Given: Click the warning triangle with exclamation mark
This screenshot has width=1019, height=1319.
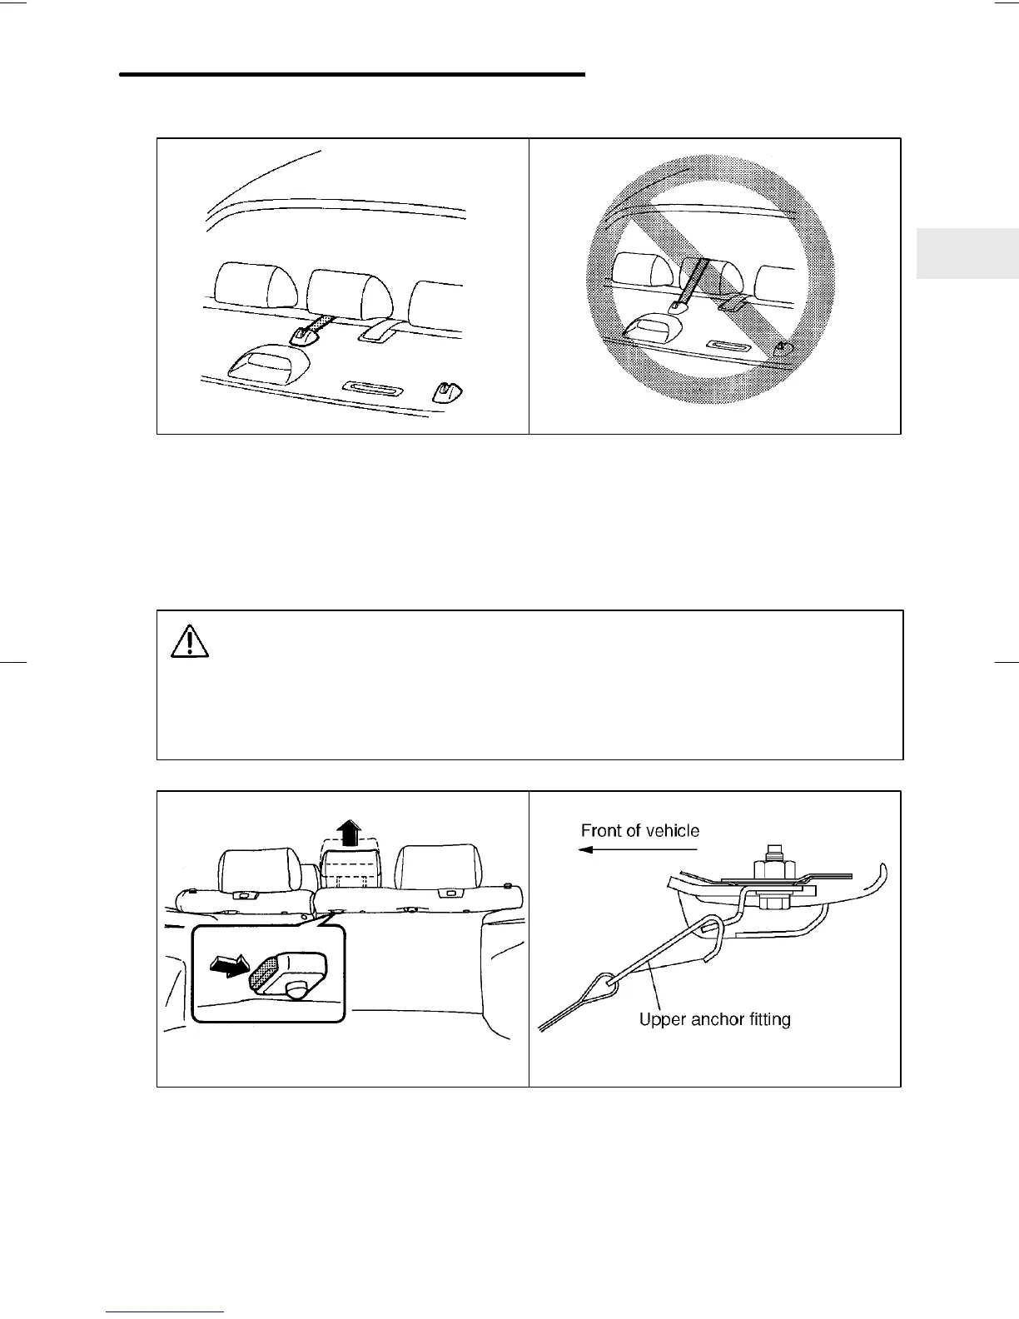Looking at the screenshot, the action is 191,641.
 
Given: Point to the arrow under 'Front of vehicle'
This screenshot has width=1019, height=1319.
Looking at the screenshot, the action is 637,849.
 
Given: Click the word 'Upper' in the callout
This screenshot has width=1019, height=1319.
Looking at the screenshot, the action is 661,1018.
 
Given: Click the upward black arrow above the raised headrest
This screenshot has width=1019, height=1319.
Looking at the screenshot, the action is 350,832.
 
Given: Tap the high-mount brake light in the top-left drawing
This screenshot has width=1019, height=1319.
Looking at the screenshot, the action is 268,363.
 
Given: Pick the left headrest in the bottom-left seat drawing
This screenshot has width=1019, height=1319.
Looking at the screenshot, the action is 259,869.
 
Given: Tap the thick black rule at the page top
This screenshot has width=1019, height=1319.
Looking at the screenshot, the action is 352,75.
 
